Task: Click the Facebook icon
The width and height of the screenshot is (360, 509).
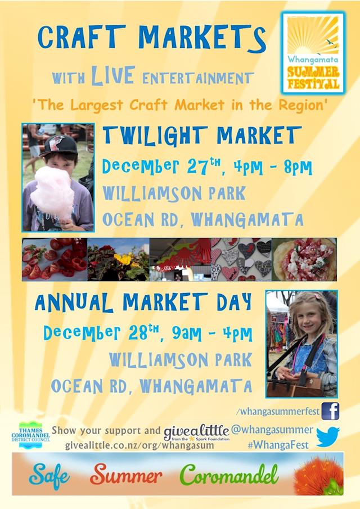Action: [x=330, y=411]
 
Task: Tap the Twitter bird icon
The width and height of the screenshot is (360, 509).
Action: [x=327, y=437]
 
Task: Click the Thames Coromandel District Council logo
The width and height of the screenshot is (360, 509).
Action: [x=30, y=435]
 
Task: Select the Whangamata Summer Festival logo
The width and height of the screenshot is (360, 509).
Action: [x=313, y=53]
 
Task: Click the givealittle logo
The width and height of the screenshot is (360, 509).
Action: [x=197, y=433]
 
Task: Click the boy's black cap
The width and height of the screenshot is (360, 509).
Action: [x=59, y=145]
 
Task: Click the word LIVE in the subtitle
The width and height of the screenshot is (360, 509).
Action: [x=112, y=75]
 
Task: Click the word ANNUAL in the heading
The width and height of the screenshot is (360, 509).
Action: [x=74, y=302]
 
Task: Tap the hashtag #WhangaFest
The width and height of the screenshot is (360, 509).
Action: [x=278, y=445]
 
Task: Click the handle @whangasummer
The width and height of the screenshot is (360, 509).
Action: [x=272, y=430]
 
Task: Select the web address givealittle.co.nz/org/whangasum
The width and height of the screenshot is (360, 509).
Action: [x=139, y=445]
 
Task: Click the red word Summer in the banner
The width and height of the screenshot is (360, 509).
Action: [x=126, y=474]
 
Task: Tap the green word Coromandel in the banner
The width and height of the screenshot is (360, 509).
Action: [x=229, y=474]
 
